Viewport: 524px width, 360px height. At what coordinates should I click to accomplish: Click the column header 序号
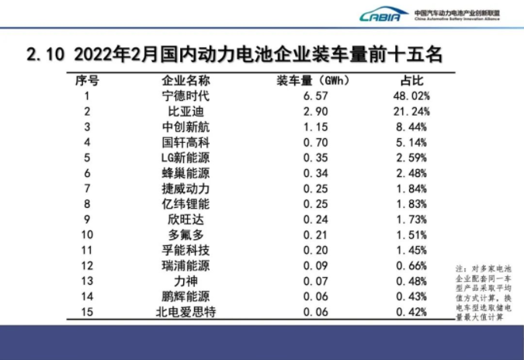pos(87,81)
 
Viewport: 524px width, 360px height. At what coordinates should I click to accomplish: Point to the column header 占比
pos(411,81)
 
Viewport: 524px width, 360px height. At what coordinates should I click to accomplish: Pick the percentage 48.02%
pos(411,96)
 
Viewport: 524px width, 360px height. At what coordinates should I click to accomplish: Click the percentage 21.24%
pos(411,112)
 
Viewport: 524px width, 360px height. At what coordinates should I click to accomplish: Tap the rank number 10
pos(87,234)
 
